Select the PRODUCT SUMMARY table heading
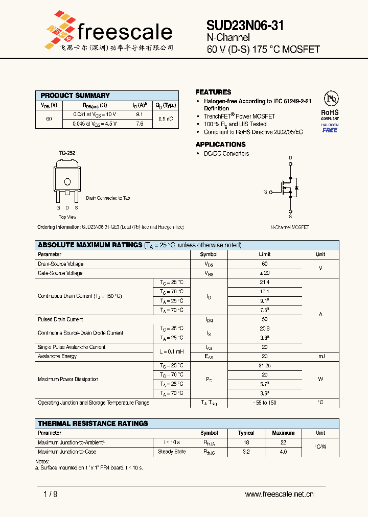tap(75, 96)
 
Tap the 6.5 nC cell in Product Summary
tap(165, 119)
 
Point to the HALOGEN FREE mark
tap(330, 128)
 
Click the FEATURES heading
tap(213, 92)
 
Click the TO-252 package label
tap(66, 153)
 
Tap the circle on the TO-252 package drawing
tap(67, 182)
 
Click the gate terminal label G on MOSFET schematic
tap(265, 192)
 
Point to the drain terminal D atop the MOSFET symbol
tap(290, 158)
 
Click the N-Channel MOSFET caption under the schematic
tap(289, 227)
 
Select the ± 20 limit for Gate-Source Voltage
tap(264, 273)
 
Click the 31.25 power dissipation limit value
tap(264, 366)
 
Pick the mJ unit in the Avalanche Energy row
tap(320, 357)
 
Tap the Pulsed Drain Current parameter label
tap(60, 319)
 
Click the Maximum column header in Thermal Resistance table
tap(283, 433)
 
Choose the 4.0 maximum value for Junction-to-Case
tap(283, 452)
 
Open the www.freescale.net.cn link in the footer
tap(279, 494)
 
